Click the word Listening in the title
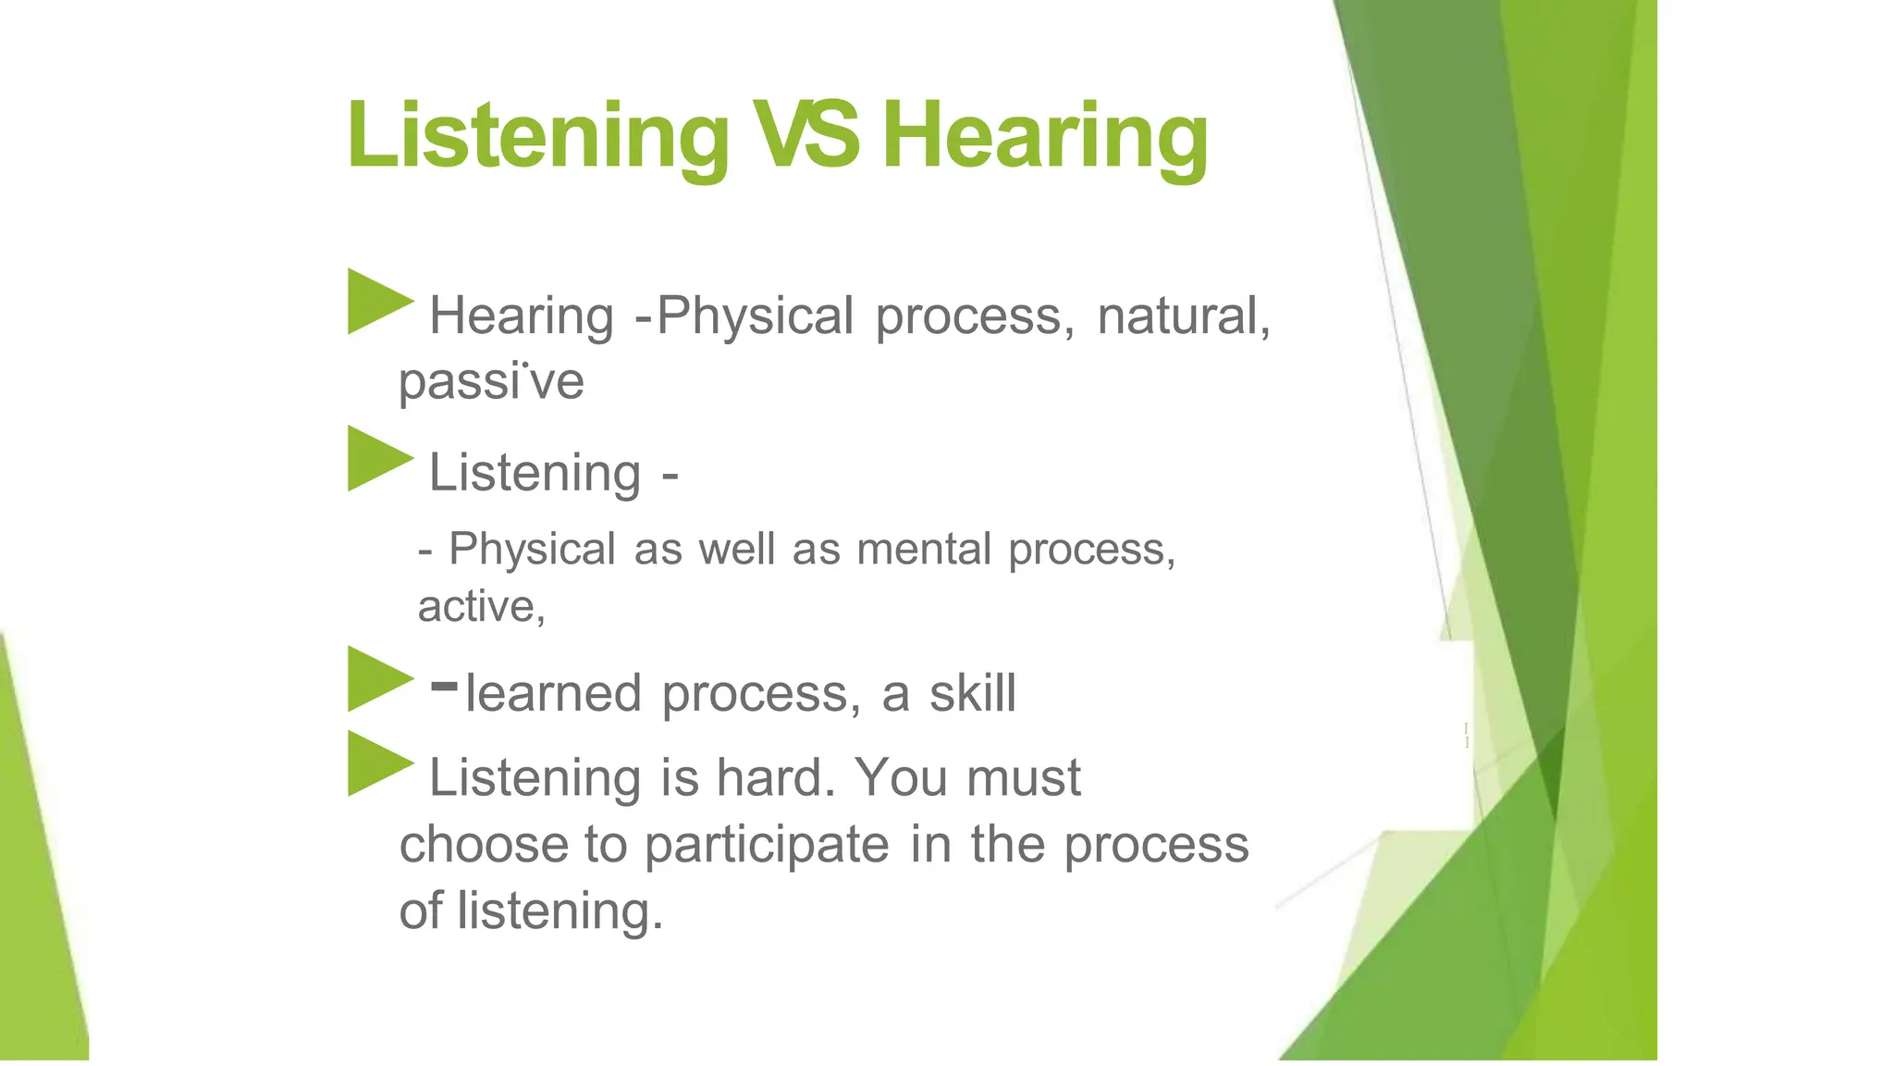[537, 137]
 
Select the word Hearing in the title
[1045, 137]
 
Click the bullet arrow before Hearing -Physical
[378, 301]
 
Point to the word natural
[1183, 316]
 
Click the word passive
[491, 381]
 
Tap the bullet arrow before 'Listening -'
[378, 458]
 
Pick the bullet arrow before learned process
[378, 678]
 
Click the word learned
[553, 693]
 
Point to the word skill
[972, 693]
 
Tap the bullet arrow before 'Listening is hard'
[378, 763]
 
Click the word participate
[767, 845]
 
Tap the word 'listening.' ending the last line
[560, 911]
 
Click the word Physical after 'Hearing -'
[755, 316]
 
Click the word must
[1023, 777]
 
